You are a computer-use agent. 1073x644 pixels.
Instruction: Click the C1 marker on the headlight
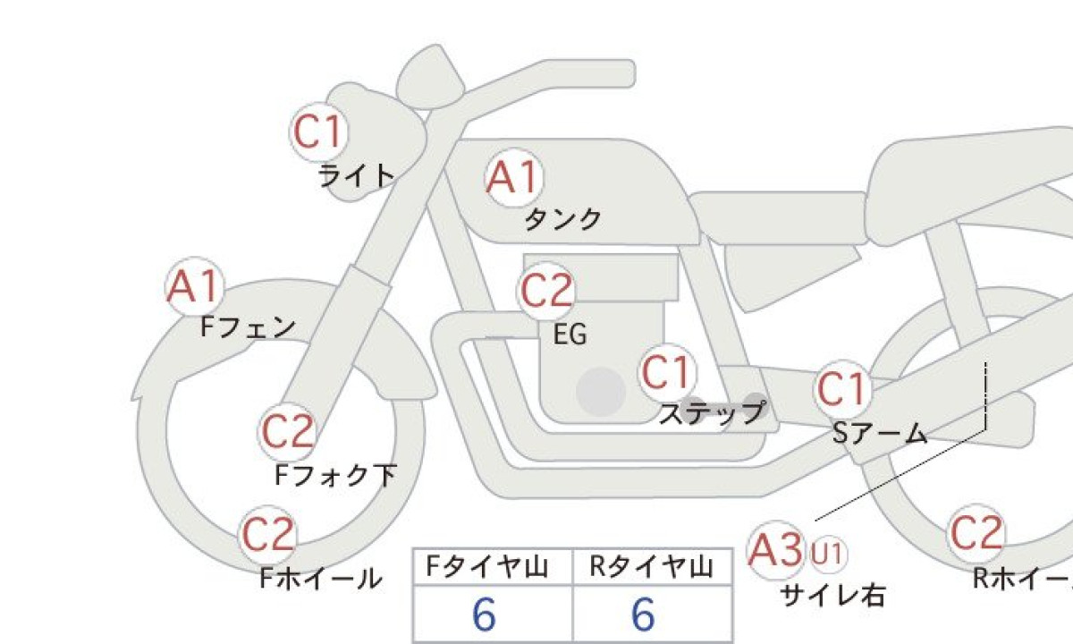tap(319, 131)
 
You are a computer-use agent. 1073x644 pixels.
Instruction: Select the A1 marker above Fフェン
tap(195, 286)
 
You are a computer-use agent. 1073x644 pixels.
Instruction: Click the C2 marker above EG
tap(546, 291)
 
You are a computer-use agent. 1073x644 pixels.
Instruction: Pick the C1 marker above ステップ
tap(667, 373)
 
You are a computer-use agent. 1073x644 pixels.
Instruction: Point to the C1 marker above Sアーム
tap(842, 390)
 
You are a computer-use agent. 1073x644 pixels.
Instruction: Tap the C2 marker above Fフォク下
tap(287, 432)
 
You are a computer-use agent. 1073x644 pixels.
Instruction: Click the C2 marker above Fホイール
tap(267, 534)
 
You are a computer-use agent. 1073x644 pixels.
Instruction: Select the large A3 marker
tap(776, 550)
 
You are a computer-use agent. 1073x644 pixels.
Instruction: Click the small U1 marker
tap(827, 555)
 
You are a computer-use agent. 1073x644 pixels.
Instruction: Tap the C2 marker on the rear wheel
tap(976, 533)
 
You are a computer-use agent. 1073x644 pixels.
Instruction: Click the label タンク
tap(562, 219)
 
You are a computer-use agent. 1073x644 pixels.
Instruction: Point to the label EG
tap(570, 334)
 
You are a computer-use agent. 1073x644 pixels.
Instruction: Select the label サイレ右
tap(832, 596)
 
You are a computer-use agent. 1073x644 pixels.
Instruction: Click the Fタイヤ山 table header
tap(486, 566)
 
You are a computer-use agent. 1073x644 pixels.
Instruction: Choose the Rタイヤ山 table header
tap(652, 566)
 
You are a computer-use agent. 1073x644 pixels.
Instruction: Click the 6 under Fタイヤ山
tap(484, 614)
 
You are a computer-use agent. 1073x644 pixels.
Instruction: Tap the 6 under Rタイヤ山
tap(643, 614)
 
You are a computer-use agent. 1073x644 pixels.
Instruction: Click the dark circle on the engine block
tap(601, 392)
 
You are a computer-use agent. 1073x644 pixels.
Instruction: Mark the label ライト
tap(357, 175)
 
